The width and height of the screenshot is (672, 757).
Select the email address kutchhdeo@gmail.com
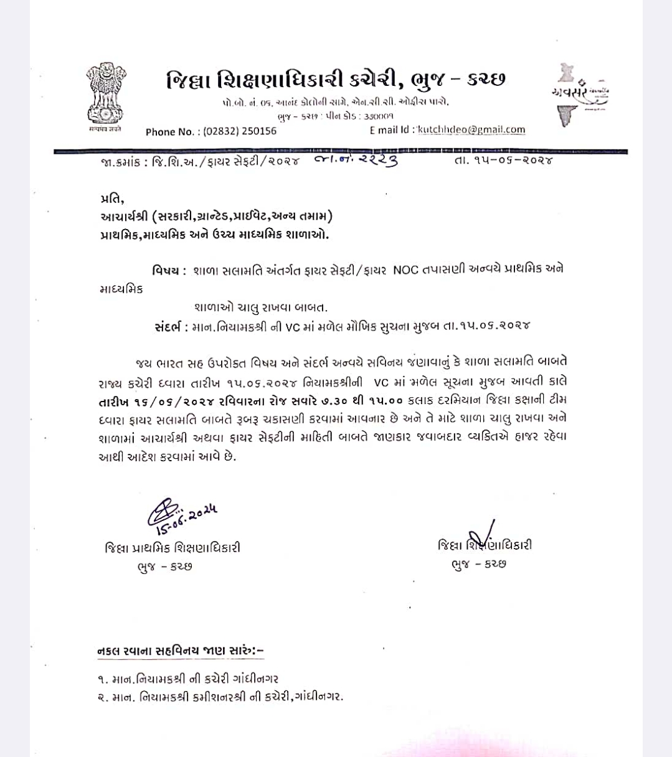[x=471, y=129]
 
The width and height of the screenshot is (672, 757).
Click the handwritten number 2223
[x=374, y=161]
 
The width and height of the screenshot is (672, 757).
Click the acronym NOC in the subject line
[x=406, y=271]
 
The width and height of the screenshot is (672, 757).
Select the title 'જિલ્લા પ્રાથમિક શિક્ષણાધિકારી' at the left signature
[x=173, y=548]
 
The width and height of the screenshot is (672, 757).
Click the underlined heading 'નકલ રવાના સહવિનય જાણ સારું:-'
[x=181, y=651]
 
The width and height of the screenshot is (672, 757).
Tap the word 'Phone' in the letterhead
[x=161, y=131]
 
